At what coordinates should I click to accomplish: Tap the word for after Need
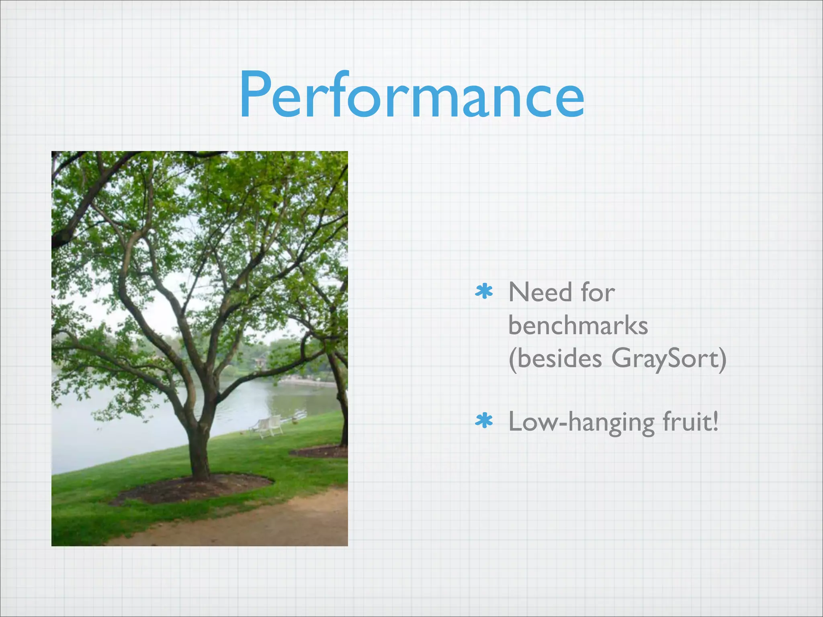(x=598, y=292)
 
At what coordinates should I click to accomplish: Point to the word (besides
(x=555, y=358)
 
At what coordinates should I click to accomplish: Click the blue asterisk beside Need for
(x=484, y=292)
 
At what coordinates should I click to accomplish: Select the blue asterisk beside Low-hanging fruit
(x=484, y=421)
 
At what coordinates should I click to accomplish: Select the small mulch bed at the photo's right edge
(x=321, y=452)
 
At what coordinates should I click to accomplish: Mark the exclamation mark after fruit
(x=714, y=422)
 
